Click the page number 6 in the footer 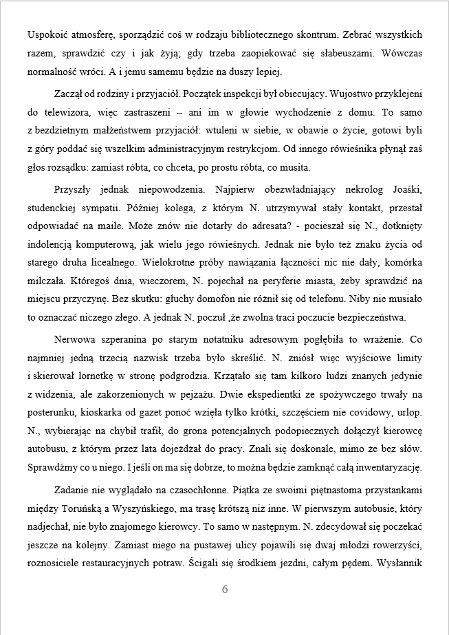[x=225, y=589]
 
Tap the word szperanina [x=124, y=339]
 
